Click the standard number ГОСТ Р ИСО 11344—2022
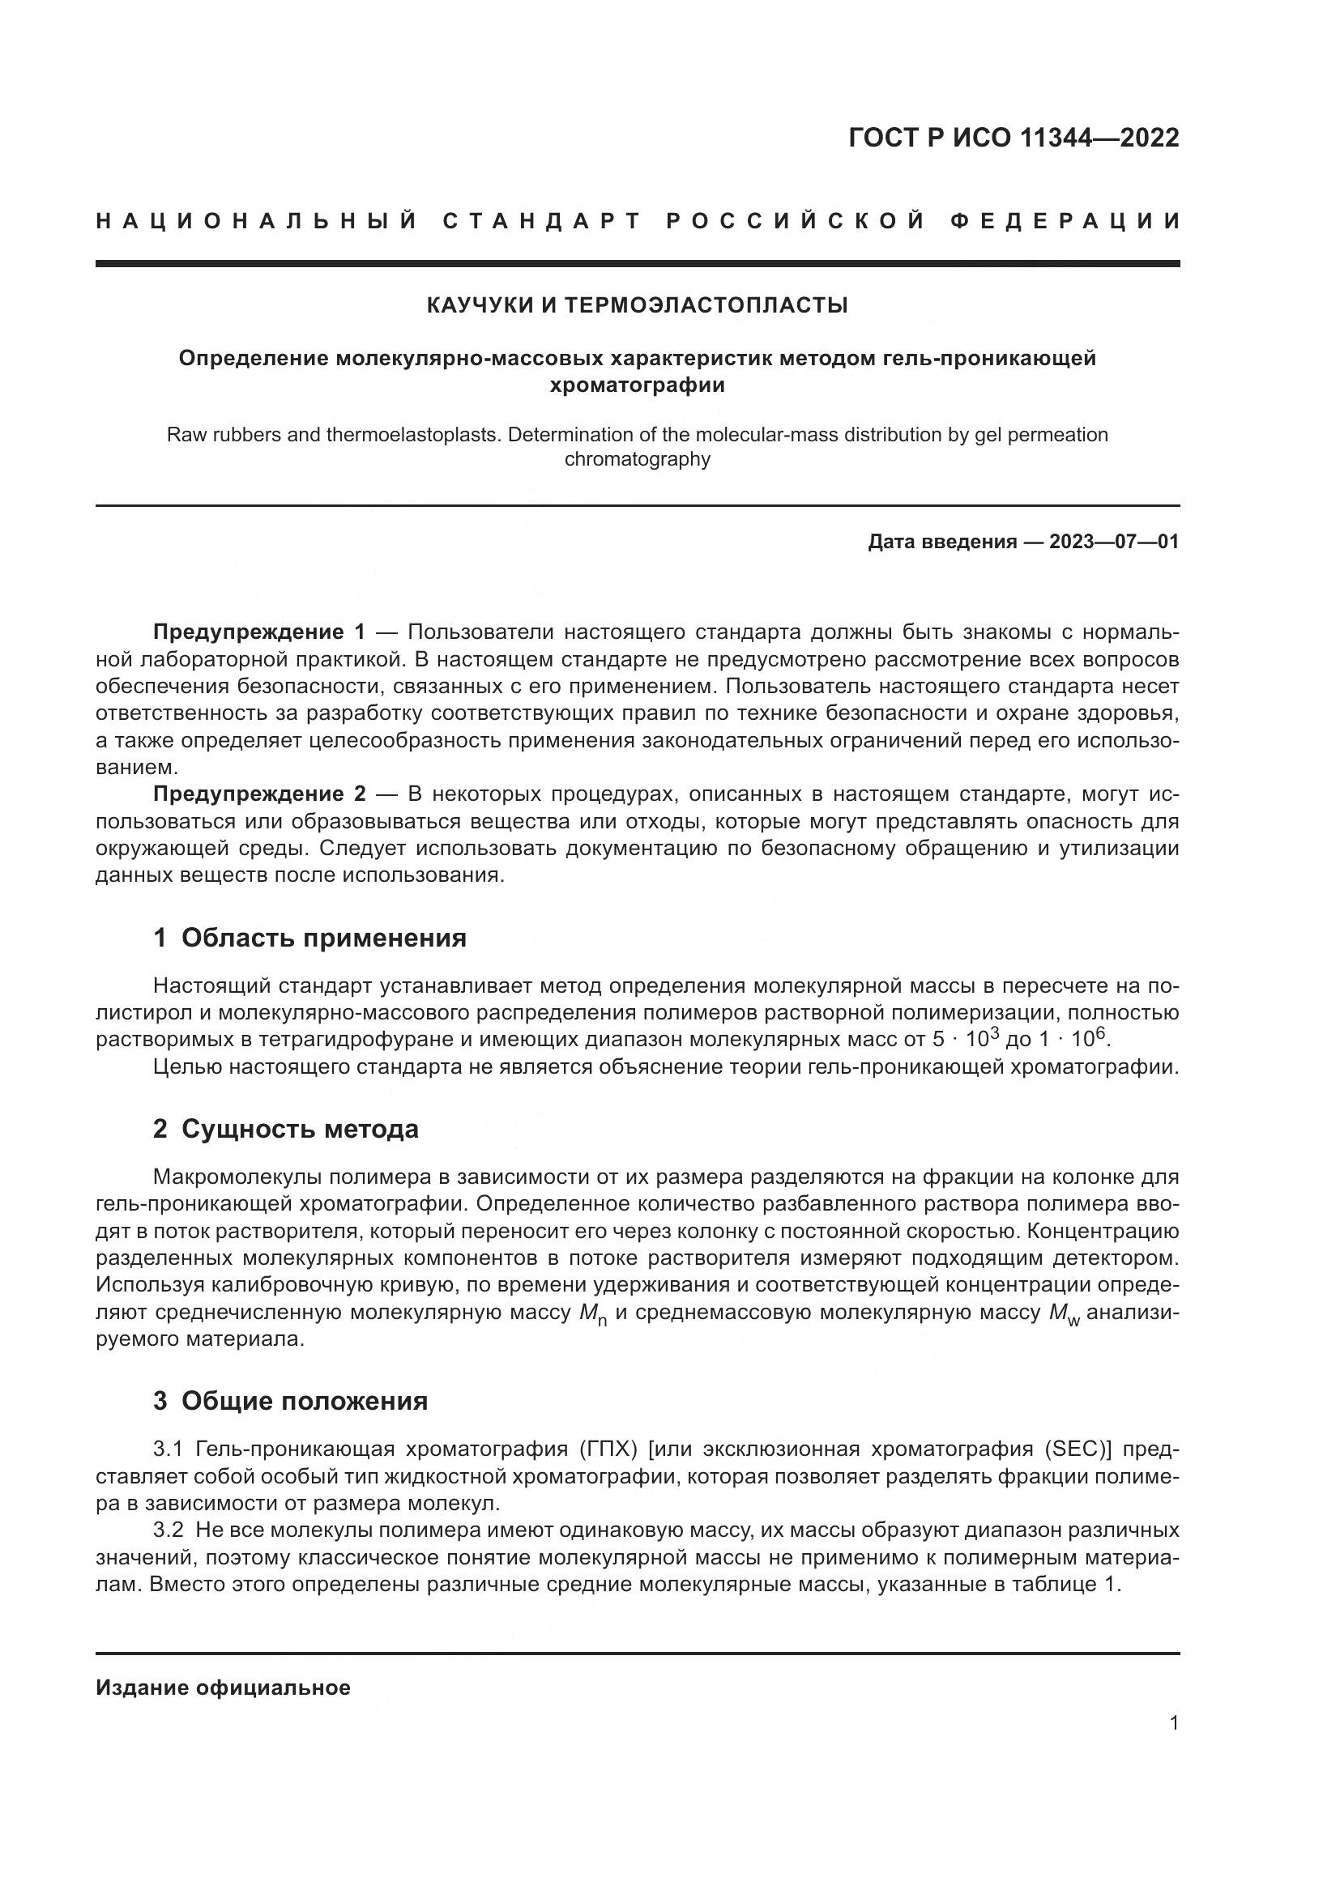pyautogui.click(x=1014, y=138)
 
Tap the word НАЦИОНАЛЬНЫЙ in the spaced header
pyautogui.click(x=257, y=221)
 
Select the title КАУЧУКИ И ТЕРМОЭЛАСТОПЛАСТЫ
pyautogui.click(x=637, y=305)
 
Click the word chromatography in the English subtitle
pyautogui.click(x=637, y=459)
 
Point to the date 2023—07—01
pyautogui.click(x=1114, y=542)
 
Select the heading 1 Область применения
pyautogui.click(x=309, y=938)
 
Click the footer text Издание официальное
pyautogui.click(x=223, y=1688)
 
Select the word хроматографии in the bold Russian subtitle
pyautogui.click(x=637, y=385)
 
